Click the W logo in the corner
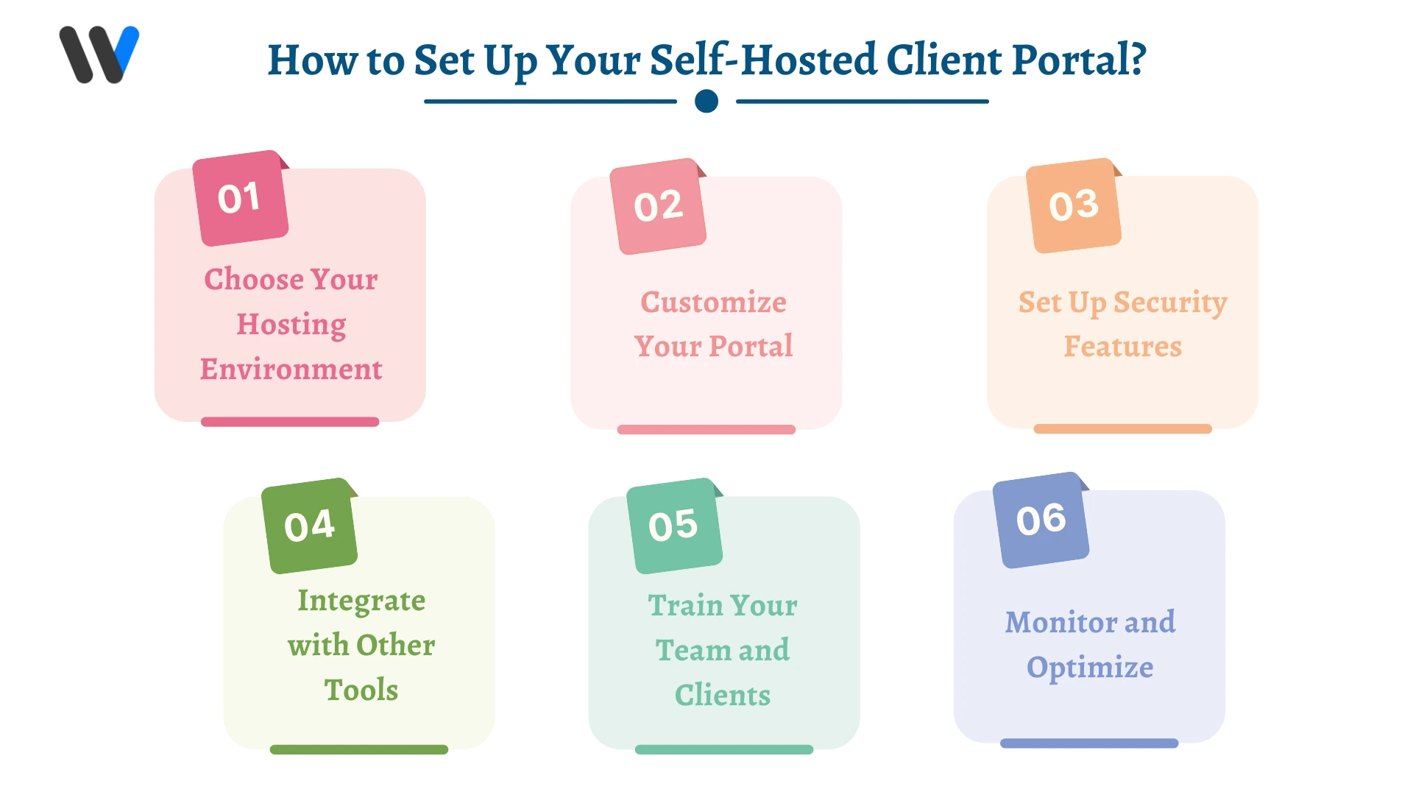pyautogui.click(x=99, y=55)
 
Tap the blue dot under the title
pyautogui.click(x=706, y=101)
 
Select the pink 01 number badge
pyautogui.click(x=240, y=198)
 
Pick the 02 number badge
pyautogui.click(x=658, y=206)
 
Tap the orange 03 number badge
pyautogui.click(x=1074, y=205)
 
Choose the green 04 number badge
pyautogui.click(x=309, y=526)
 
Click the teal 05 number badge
pyautogui.click(x=673, y=526)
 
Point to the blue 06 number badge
pyautogui.click(x=1041, y=520)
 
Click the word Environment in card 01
pyautogui.click(x=291, y=370)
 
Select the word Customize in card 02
pyautogui.click(x=713, y=302)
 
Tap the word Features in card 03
pyautogui.click(x=1122, y=346)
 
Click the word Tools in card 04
pyautogui.click(x=361, y=690)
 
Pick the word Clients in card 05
pyautogui.click(x=723, y=695)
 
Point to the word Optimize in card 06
pyautogui.click(x=1090, y=668)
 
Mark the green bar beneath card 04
pyautogui.click(x=359, y=749)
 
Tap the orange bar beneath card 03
pyautogui.click(x=1122, y=428)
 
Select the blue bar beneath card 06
pyautogui.click(x=1089, y=743)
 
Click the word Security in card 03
pyautogui.click(x=1170, y=303)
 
